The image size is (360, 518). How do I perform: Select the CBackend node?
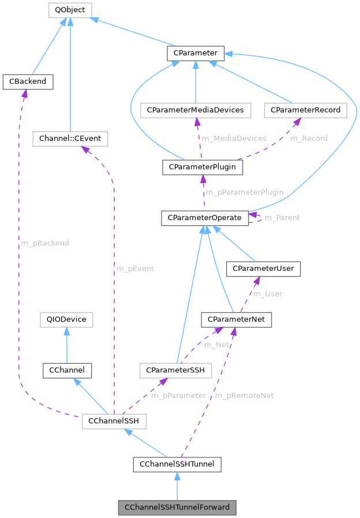[28, 82]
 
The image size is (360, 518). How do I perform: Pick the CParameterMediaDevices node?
[196, 110]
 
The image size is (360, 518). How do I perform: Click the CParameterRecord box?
[305, 110]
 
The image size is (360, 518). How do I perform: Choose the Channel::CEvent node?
[70, 139]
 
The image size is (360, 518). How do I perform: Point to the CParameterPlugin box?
[202, 167]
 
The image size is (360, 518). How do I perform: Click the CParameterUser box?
[263, 269]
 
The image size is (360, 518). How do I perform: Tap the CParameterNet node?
[236, 319]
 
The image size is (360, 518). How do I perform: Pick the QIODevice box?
[66, 319]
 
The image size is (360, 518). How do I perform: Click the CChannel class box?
[67, 370]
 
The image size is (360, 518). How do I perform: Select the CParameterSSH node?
[175, 370]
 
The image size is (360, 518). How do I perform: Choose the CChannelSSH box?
[114, 422]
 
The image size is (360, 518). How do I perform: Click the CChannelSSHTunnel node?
[177, 464]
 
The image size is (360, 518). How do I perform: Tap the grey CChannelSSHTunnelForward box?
[177, 508]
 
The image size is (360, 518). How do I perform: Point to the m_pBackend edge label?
[45, 243]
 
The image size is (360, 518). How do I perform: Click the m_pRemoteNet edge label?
[244, 396]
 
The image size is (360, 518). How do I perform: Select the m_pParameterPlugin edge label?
[244, 192]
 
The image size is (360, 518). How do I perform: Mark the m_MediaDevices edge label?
[234, 139]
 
